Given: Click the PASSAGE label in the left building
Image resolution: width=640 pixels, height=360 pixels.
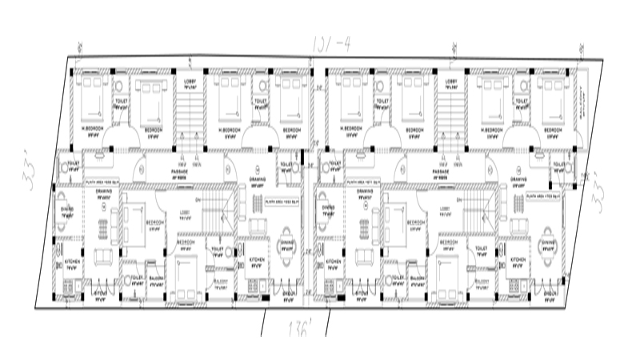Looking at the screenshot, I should (x=180, y=170).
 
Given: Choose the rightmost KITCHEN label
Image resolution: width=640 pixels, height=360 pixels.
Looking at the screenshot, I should (x=517, y=261).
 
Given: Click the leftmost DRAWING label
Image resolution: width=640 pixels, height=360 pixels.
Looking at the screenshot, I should (x=103, y=192).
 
